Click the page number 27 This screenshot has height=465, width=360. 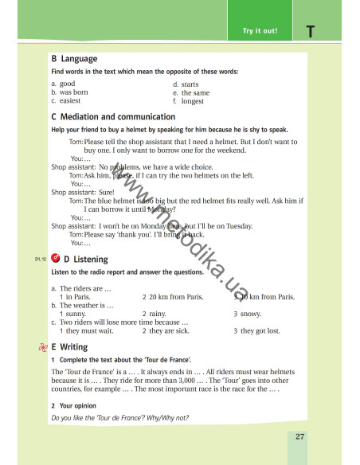(x=299, y=436)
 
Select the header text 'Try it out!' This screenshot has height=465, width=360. (x=260, y=31)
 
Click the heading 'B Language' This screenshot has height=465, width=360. (x=74, y=59)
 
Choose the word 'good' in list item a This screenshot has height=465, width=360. (x=67, y=84)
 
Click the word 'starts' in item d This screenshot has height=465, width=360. (x=190, y=84)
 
